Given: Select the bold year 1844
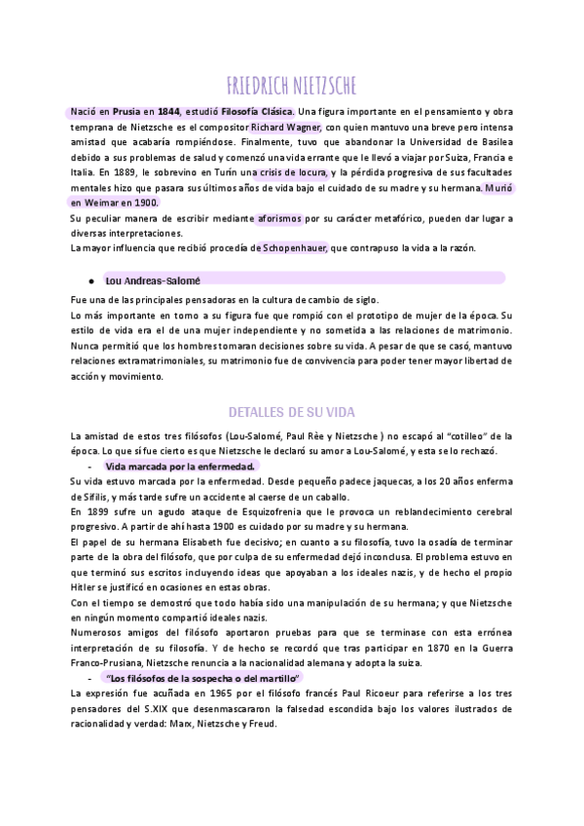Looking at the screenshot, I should click(x=166, y=112).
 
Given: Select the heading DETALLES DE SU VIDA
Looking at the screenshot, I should click(x=292, y=410).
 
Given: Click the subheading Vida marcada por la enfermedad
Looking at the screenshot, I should click(x=179, y=466).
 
